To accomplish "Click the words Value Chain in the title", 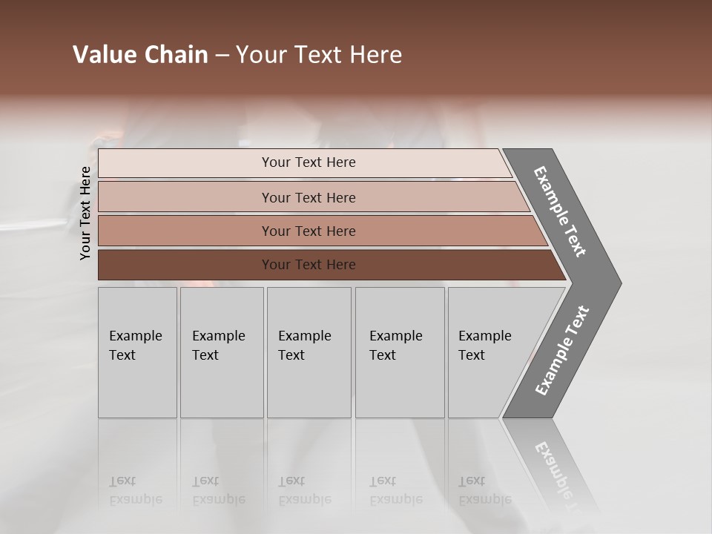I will coord(140,55).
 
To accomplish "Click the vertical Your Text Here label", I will coord(85,213).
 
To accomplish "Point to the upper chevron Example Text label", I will coord(560,211).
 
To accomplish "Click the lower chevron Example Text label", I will coord(562,351).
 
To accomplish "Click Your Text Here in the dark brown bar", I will coord(309,265).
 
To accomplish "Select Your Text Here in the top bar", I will coord(309,162).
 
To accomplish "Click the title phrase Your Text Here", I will coord(319,55).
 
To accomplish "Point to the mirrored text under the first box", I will coord(135,490).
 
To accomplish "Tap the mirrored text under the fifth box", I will coord(484,490).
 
